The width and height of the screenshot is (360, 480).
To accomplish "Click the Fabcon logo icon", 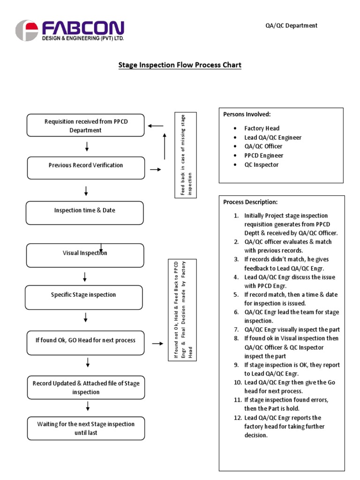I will (26, 30).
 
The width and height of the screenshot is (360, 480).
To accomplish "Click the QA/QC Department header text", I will (291, 25).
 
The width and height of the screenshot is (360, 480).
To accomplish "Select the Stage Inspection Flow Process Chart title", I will (180, 65).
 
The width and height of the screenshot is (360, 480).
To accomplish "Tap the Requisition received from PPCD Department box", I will (86, 126).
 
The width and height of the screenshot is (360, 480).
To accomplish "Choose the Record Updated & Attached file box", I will (86, 387).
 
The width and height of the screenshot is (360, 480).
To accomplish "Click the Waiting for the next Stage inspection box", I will (86, 428).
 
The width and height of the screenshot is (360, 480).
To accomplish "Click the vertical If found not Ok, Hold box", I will (183, 310).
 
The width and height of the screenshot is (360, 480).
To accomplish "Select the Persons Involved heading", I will (247, 114).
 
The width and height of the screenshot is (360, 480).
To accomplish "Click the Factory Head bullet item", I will (262, 128).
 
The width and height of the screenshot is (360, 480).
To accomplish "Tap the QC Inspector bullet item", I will (261, 165).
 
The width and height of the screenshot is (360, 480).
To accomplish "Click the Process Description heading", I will (250, 202).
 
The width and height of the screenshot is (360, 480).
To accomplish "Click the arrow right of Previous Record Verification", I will (154, 169).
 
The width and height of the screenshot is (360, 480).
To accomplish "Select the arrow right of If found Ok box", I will (157, 344).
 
